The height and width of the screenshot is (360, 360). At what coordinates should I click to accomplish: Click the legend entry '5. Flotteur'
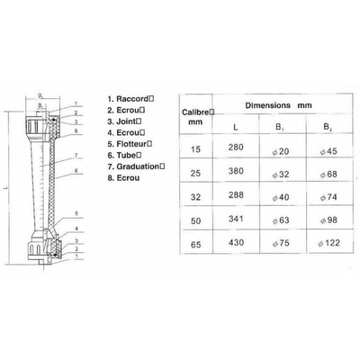point(130,144)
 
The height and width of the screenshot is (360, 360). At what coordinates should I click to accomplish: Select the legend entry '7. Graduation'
point(136,166)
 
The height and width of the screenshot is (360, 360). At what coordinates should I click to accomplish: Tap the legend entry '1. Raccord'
point(130,99)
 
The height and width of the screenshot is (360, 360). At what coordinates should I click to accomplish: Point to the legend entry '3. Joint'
point(124,121)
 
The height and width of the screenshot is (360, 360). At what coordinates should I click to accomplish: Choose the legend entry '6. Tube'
point(124,155)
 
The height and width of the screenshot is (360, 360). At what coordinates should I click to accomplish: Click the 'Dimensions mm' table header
point(278,105)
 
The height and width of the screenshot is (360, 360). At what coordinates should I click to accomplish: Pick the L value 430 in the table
point(236,242)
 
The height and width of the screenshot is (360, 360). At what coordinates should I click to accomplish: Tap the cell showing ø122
point(328,243)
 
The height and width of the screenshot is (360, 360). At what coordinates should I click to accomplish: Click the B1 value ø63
point(281,220)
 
